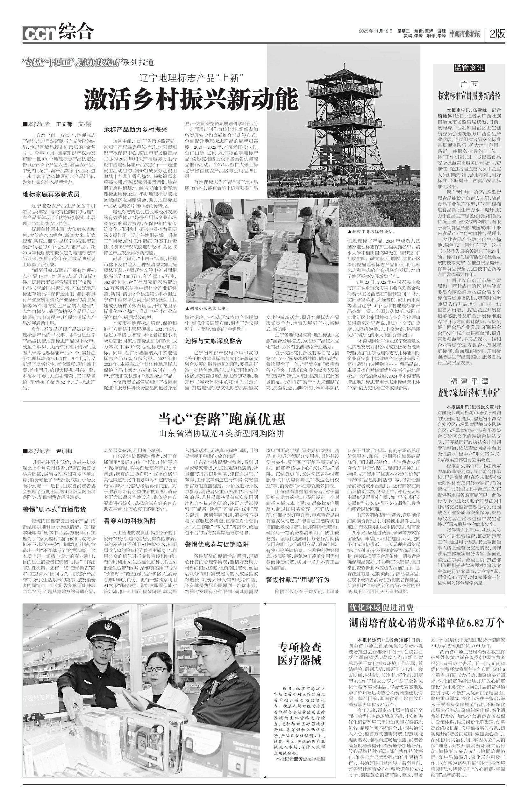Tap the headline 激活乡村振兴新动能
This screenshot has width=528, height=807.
(x=191, y=99)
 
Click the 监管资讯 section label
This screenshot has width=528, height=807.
(x=469, y=68)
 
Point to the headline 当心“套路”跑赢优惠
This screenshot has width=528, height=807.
(x=222, y=419)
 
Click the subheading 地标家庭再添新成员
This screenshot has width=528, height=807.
(x=51, y=194)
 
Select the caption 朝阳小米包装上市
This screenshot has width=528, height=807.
(x=207, y=309)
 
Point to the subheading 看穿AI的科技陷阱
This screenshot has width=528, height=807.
(x=130, y=521)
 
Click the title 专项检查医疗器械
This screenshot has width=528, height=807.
(x=299, y=653)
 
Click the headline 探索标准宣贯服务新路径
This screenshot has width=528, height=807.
(x=469, y=96)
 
